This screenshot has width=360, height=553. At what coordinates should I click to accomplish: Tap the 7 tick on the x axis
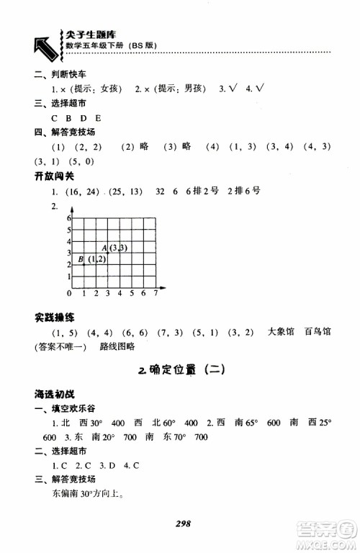click(156, 295)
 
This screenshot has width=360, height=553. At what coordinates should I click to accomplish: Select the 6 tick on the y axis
click(69, 217)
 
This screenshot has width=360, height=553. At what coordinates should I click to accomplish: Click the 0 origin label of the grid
click(69, 295)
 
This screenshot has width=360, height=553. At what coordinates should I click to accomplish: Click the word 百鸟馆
click(317, 333)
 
